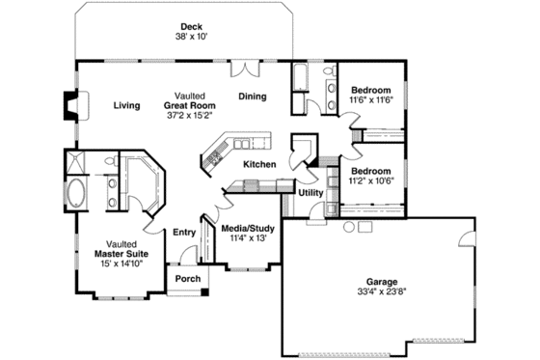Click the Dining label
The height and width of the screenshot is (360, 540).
tap(253, 97)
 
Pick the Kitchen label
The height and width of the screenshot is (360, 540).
tap(259, 165)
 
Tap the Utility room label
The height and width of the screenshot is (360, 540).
tap(310, 193)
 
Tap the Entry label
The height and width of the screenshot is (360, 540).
tap(184, 232)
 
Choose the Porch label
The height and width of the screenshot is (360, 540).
tap(187, 279)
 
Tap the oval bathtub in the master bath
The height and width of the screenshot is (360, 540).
tap(75, 192)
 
